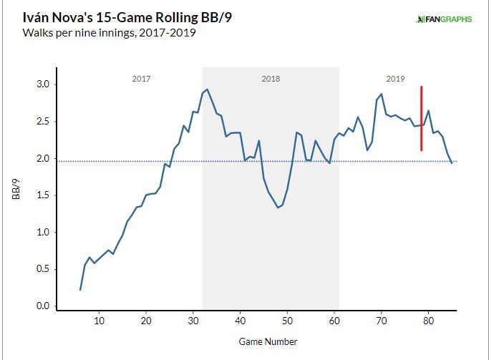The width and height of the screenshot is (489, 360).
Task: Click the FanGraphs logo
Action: point(443,19)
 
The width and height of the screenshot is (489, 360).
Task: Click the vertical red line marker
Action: point(421,118)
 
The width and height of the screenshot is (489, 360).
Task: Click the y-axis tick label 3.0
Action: point(43,84)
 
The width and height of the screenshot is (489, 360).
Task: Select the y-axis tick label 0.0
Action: point(43,306)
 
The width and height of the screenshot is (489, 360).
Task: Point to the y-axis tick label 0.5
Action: point(43,269)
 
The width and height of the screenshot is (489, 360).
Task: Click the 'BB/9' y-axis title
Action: point(15,193)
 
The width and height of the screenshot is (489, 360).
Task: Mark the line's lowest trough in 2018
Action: point(278,208)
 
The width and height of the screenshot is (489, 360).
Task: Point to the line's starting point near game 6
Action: point(80,289)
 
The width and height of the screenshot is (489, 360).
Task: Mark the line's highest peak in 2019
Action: point(381,94)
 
